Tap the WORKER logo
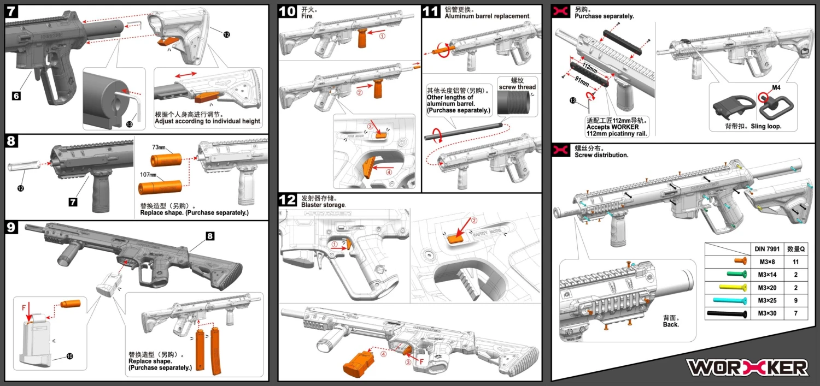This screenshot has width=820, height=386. pos(747,367)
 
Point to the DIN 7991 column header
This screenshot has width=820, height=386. pos(767,248)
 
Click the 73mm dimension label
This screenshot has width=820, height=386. pos(159,148)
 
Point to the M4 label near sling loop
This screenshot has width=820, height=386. pos(776,88)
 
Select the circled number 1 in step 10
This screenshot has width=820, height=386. pos(382,36)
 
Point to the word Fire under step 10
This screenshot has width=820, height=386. pos(307,16)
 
